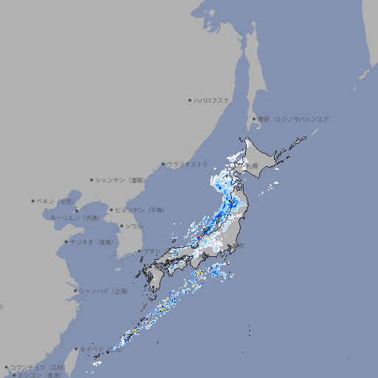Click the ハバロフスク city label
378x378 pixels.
coord(212,100)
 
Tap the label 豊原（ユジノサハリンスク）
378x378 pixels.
coord(295,119)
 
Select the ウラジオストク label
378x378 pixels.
coord(188,164)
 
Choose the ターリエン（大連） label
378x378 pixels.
coord(75,218)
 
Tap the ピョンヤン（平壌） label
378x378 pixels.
coord(141,210)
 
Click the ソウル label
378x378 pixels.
coord(134,226)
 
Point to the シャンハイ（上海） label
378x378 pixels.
coord(104,291)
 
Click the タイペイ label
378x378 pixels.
coord(92,348)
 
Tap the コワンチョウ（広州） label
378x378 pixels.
coord(38,367)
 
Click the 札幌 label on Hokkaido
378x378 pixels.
coord(252,167)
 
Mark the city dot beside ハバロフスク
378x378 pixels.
coord(190,100)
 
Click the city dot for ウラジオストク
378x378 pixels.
coord(163,164)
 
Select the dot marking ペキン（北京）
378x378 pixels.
coord(33,201)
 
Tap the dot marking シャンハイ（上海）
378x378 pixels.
coord(75,291)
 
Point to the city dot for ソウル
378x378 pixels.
coord(120,226)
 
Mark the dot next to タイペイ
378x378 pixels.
coord(76,348)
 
